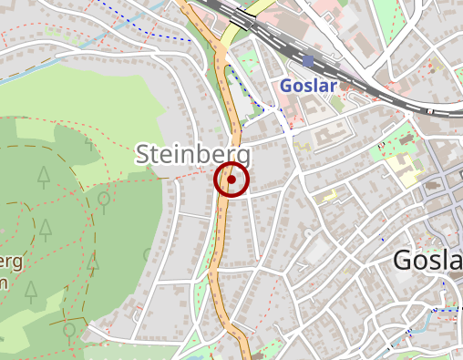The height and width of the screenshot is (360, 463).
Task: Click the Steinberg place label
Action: (x=192, y=155)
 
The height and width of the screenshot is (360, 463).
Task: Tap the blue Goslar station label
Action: (x=309, y=86)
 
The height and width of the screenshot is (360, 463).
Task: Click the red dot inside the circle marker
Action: (x=231, y=180)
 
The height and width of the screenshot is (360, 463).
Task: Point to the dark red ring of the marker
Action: (x=216, y=180)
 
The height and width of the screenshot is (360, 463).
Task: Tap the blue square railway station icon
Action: (x=308, y=62)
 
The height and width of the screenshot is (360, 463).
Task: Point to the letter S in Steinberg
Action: (x=143, y=155)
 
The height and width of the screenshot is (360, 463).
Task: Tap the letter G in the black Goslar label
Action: (x=405, y=261)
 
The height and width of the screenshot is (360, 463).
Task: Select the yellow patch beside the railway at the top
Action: (x=260, y=11)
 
